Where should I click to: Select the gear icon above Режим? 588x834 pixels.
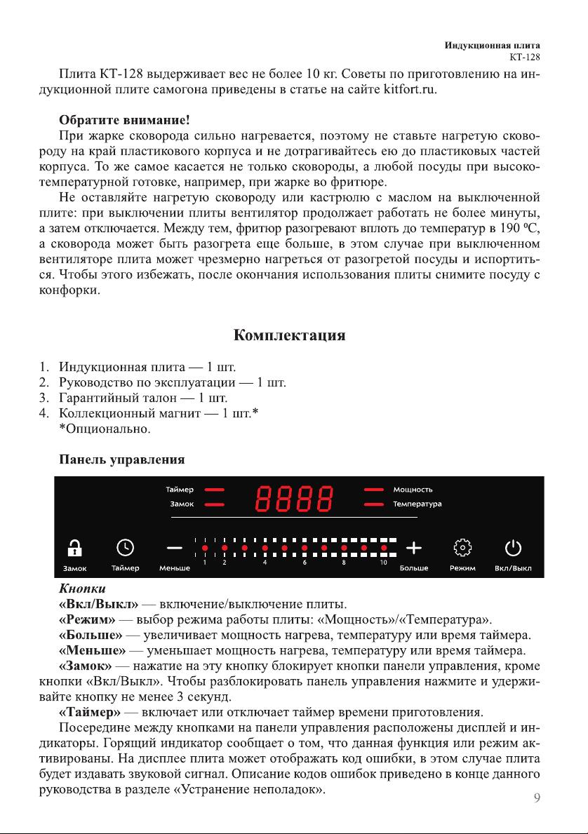[462, 546]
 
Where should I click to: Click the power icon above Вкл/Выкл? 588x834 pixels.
[513, 546]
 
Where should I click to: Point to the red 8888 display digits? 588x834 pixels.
[293, 498]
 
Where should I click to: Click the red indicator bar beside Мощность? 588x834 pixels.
[374, 490]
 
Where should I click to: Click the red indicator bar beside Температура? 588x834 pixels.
[374, 504]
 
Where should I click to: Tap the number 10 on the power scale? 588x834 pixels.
[384, 563]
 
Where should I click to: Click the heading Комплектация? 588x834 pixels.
[289, 335]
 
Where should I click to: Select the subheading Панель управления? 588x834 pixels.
[121, 460]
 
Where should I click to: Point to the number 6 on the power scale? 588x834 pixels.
[305, 563]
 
